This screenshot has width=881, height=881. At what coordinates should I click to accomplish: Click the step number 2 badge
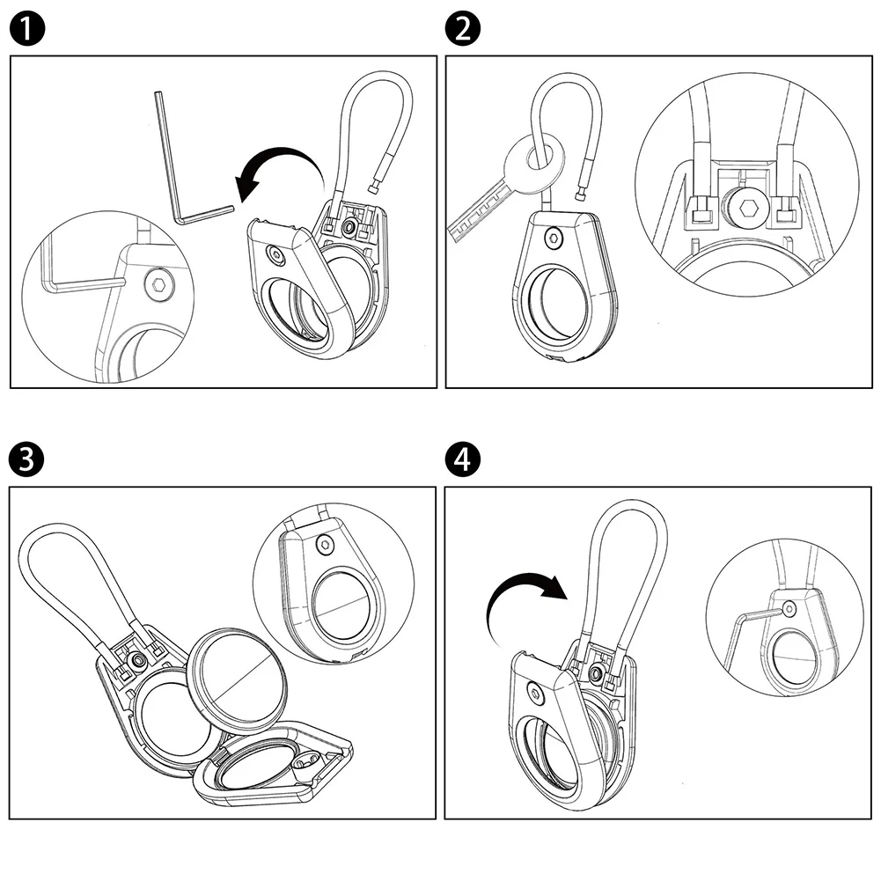pos(463,30)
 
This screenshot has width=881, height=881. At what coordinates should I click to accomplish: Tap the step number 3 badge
pos(28,460)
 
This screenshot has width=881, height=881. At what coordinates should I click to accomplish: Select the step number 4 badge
pos(463,460)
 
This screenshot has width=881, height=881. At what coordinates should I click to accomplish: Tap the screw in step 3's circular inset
pos(325,545)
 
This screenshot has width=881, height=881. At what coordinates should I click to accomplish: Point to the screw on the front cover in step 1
pos(277,256)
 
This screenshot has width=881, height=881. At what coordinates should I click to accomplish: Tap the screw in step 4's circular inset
pos(789,608)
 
